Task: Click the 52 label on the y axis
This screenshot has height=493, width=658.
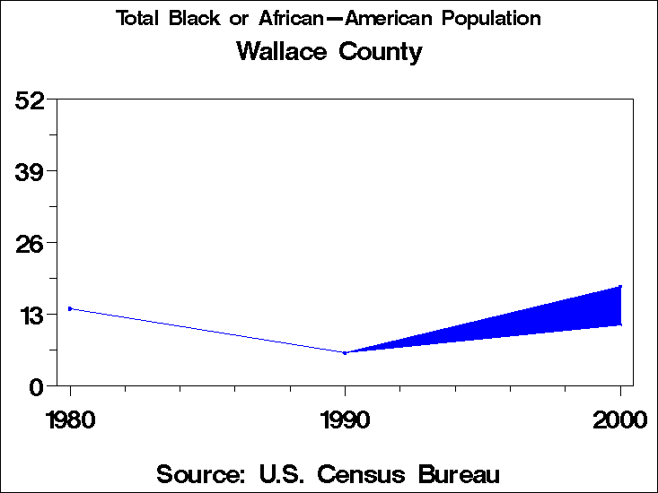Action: point(31,99)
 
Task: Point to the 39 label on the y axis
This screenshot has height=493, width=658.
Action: point(31,171)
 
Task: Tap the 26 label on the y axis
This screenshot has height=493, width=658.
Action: point(31,243)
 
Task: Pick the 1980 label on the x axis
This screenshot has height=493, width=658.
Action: point(70,419)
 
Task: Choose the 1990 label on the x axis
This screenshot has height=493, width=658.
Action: point(345,419)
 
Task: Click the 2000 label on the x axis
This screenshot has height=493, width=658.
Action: point(619,419)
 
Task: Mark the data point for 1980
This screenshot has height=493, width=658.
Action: point(70,308)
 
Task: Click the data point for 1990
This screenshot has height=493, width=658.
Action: point(345,352)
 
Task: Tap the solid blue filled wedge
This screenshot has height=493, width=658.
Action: point(557,314)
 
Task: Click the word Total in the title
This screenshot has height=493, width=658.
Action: point(136,19)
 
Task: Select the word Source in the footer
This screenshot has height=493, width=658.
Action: point(201,473)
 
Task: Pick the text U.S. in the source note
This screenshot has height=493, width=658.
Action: point(285,473)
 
